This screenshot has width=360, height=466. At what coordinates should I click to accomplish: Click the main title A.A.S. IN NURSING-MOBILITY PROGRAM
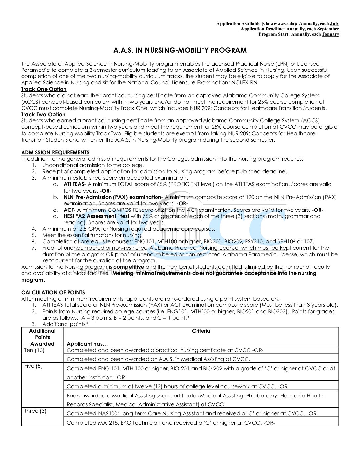point(180,50)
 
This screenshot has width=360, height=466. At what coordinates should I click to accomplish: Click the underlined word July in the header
point(334,23)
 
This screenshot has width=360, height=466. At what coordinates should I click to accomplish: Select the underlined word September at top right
point(328,29)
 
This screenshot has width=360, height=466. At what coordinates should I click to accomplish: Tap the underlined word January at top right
point(330,34)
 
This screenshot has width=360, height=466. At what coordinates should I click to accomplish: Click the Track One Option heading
point(44,89)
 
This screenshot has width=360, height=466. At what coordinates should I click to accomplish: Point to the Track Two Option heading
point(43,115)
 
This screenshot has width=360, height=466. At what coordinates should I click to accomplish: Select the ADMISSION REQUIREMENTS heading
point(55,152)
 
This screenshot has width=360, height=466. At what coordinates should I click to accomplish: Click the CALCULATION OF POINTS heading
point(53,292)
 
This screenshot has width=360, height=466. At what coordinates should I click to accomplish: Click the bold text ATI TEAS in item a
point(74,184)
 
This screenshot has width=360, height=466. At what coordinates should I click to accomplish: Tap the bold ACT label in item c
point(68,210)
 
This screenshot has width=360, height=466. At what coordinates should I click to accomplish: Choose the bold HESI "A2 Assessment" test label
point(96,216)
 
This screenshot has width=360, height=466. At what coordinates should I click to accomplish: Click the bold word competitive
point(129,267)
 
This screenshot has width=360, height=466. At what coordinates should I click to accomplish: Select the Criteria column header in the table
point(201,331)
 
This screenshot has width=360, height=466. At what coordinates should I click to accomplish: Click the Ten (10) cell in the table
point(34,350)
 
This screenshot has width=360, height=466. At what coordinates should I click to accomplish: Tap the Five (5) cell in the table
point(33,366)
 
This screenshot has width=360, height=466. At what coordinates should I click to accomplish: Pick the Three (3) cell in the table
point(35,411)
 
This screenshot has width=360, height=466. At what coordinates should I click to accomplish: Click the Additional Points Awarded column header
point(42,337)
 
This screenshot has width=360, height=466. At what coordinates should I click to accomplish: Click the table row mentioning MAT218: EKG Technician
point(171,422)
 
